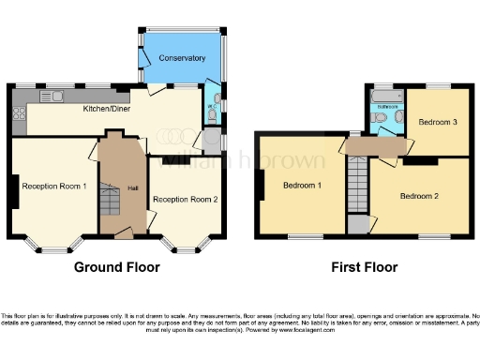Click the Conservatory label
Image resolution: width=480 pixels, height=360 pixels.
tap(182, 58)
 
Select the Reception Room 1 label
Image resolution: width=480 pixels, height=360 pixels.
tap(54, 186)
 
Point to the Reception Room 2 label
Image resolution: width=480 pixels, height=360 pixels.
tap(186, 200)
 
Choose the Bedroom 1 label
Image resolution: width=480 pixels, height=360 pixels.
tap(303, 185)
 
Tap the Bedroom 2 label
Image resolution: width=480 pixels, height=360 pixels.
tap(419, 196)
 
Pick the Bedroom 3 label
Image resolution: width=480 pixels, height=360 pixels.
tap(438, 123)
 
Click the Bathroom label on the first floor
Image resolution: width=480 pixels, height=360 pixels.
tap(388, 107)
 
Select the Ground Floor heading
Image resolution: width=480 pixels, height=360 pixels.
tap(117, 267)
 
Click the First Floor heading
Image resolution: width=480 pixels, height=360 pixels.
tap(365, 267)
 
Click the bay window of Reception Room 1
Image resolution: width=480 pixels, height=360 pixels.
tap(52, 247)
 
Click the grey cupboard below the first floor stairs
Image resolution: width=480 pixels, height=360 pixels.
tap(357, 225)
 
